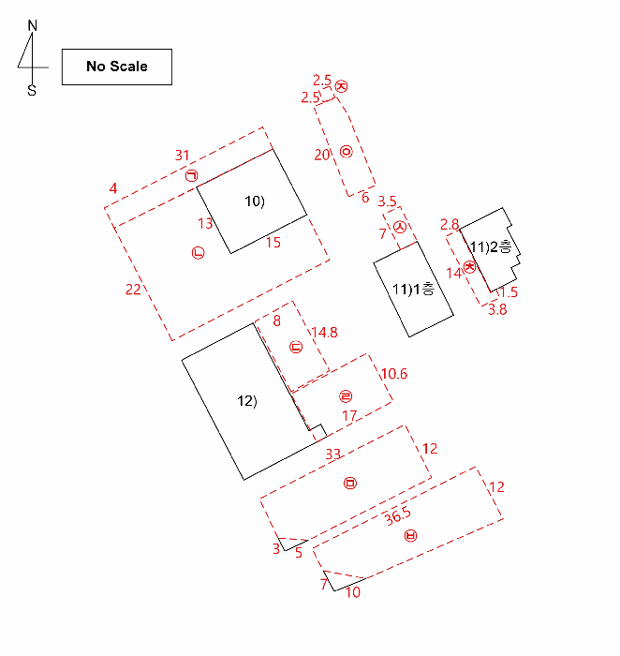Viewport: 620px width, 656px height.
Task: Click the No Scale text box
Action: [117, 67]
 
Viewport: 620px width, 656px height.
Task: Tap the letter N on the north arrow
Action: [32, 26]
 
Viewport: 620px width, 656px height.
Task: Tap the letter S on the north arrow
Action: [32, 90]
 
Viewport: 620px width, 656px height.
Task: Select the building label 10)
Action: [255, 201]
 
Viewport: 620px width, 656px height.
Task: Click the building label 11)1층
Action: [413, 289]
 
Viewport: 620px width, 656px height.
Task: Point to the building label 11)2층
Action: [491, 246]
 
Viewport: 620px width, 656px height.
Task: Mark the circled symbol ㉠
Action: [191, 175]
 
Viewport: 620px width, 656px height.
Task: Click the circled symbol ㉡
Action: [198, 253]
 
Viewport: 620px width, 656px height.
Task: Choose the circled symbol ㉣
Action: [346, 396]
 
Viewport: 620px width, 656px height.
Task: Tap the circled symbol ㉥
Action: [410, 535]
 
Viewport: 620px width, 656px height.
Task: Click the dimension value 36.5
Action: [398, 516]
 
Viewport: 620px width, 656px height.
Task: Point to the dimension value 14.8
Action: [324, 332]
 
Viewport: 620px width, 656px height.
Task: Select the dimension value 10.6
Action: [394, 374]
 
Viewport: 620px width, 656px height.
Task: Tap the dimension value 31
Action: [183, 156]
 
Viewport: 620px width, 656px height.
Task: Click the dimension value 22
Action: [133, 289]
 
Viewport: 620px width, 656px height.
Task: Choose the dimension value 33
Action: [333, 454]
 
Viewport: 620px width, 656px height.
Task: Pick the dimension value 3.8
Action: [497, 309]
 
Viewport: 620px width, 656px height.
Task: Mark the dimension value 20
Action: [322, 155]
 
